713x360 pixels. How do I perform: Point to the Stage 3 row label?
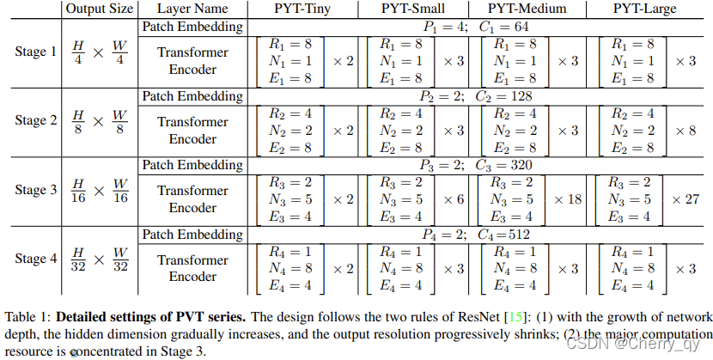pos(36,190)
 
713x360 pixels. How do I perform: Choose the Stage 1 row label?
pos(36,52)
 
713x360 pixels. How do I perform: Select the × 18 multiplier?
pos(568,198)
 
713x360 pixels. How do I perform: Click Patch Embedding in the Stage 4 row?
pos(192,234)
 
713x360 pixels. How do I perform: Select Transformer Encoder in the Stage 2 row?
pos(192,130)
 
